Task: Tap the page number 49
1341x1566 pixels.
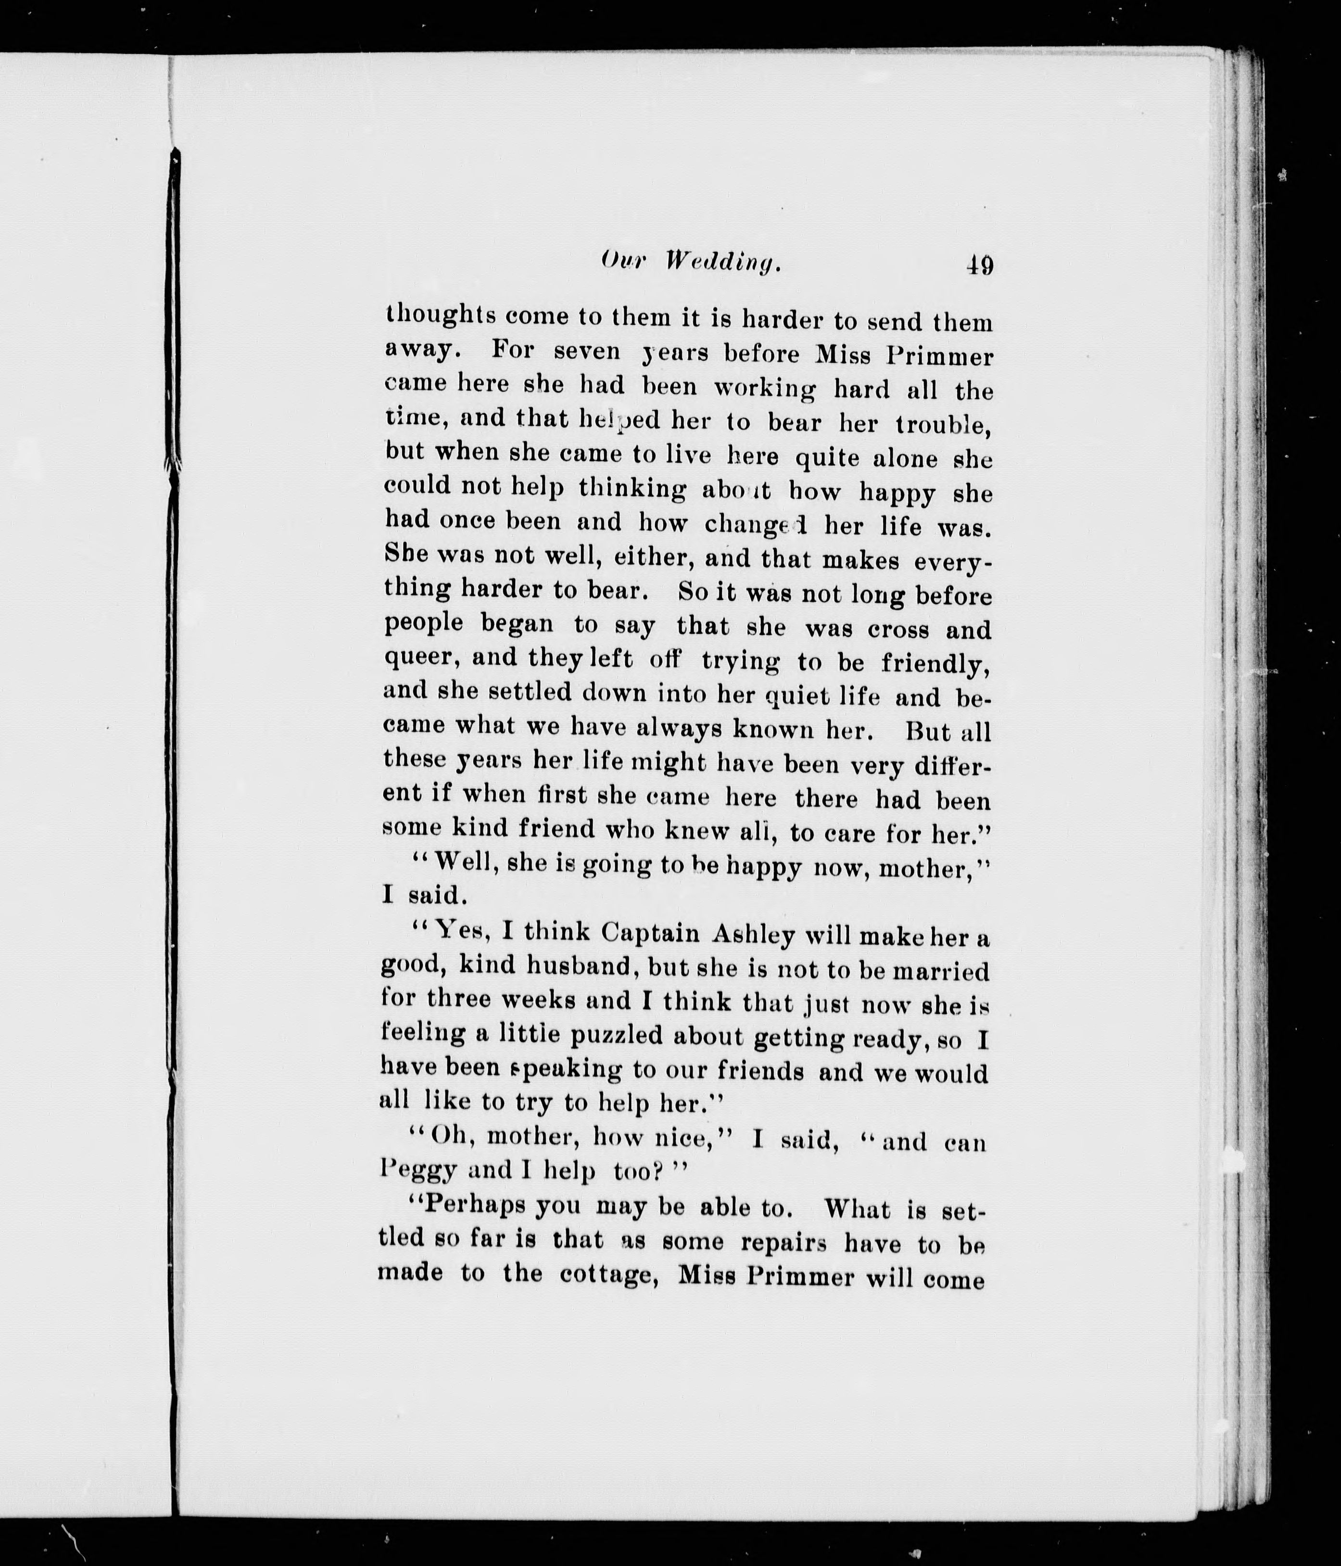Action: click(980, 265)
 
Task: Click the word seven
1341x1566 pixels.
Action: click(587, 352)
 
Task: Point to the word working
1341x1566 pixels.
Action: click(765, 389)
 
